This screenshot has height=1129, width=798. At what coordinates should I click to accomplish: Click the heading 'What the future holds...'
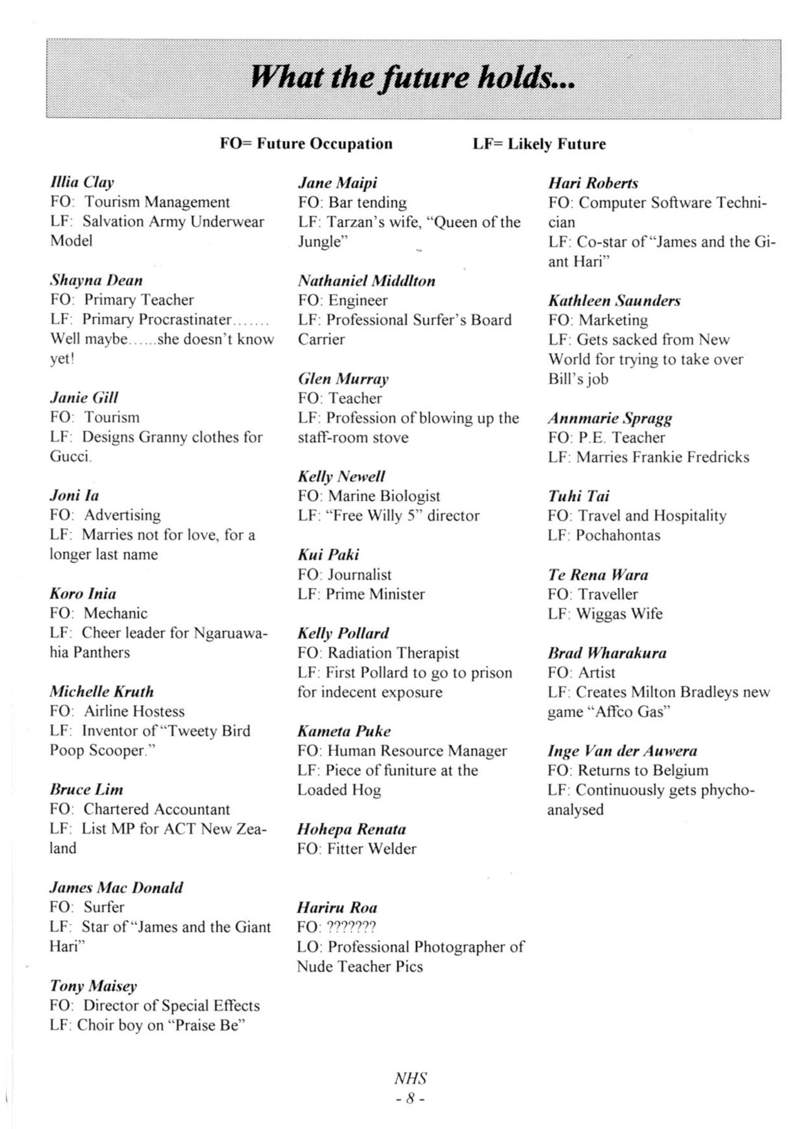[413, 78]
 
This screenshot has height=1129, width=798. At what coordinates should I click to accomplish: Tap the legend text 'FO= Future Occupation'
[306, 144]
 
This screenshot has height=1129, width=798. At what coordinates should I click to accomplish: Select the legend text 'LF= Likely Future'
[539, 144]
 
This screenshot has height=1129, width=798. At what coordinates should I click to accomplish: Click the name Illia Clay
[82, 183]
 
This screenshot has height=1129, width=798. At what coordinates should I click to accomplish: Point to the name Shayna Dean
[96, 280]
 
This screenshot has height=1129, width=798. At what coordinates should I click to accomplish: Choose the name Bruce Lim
[87, 790]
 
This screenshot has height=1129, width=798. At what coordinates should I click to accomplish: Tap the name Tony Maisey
[93, 986]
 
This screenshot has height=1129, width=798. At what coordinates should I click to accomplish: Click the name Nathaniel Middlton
[366, 280]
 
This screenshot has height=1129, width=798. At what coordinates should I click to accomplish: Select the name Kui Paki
[328, 555]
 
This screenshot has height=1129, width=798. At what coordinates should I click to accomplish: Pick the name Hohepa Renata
[351, 829]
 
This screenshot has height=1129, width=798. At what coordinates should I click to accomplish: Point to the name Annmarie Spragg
[610, 418]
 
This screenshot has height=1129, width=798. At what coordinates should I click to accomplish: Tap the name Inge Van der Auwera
[622, 751]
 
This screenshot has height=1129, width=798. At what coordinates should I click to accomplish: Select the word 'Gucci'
[70, 457]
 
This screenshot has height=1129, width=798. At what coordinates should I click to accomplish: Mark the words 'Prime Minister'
[375, 594]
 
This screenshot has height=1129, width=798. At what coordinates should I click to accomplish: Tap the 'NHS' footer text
[411, 1079]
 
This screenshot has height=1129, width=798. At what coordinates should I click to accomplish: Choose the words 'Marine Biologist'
[384, 496]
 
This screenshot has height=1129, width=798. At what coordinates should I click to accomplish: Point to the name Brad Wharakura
[607, 653]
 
